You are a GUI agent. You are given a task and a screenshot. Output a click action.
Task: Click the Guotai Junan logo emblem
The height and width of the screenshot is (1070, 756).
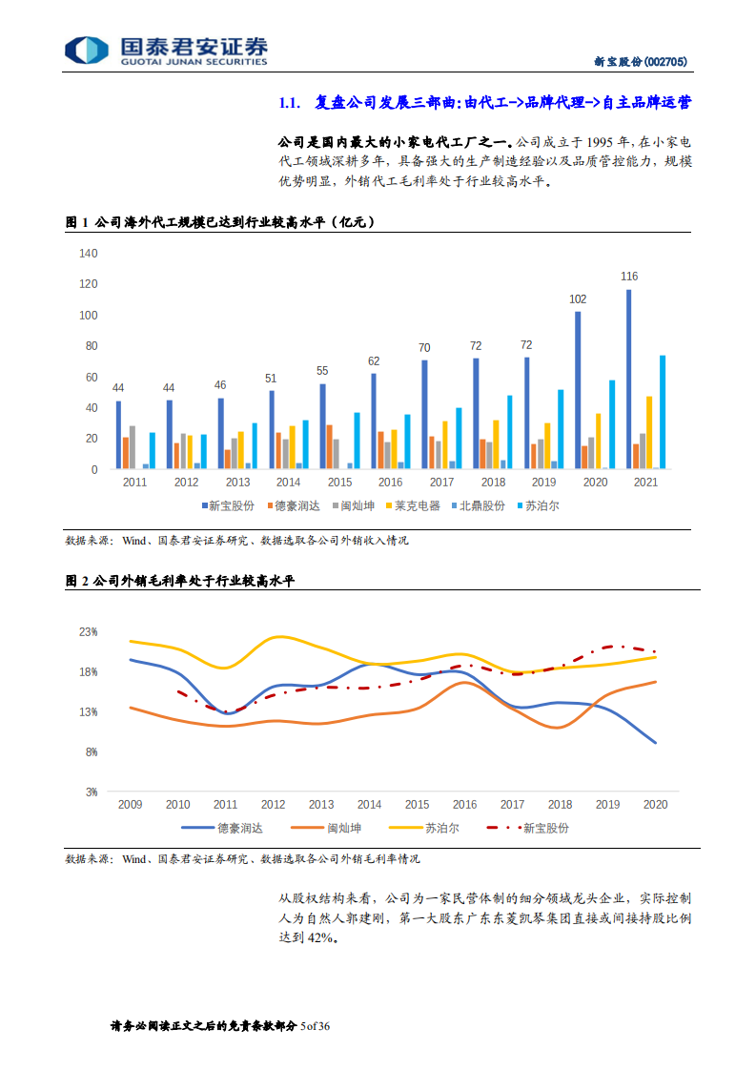coord(86,51)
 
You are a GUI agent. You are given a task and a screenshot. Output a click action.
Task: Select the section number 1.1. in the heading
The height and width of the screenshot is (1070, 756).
coord(289,103)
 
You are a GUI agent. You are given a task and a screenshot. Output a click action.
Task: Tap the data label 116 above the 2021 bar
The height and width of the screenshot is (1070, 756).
coord(628,277)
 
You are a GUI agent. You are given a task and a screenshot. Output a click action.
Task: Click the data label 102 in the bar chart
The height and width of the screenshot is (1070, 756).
coord(578,298)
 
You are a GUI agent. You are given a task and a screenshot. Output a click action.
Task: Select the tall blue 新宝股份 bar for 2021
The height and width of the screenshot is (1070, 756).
coord(628,379)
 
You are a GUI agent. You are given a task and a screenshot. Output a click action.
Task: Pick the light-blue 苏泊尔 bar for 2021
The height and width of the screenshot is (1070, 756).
coord(663,412)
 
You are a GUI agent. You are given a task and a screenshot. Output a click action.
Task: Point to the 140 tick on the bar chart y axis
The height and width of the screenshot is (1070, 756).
coord(89,254)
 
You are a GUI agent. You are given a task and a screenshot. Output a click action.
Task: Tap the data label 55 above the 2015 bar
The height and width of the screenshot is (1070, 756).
coord(322,371)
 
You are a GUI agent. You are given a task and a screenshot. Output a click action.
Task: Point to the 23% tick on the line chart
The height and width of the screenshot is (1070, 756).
coord(89,632)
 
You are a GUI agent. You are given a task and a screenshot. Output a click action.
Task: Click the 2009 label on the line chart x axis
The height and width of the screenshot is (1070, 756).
coord(130,805)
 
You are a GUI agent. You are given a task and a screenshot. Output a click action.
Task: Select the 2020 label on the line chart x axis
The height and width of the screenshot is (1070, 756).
coord(655,805)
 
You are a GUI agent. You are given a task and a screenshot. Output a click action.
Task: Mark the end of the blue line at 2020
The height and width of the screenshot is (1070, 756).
coord(655,742)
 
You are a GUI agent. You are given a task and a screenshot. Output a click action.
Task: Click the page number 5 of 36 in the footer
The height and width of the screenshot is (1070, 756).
coord(315,1026)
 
